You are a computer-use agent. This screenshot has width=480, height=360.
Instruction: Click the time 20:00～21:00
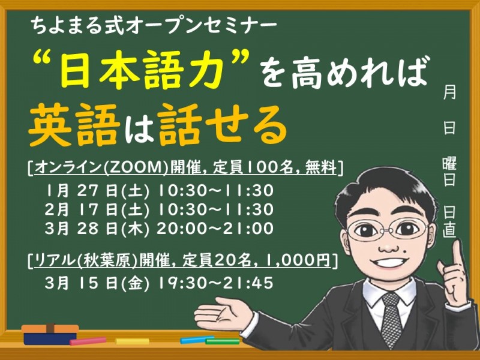(x=215, y=229)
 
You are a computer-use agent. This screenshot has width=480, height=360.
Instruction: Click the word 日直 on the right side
(x=449, y=221)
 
